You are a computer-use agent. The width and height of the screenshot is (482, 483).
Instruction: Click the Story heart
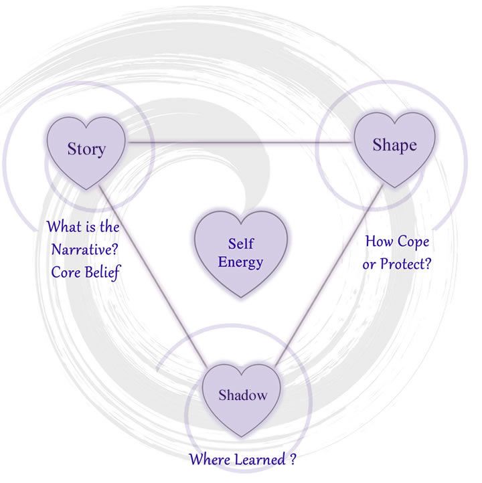coord(86,149)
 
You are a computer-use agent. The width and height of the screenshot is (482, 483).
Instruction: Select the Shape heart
coord(394,146)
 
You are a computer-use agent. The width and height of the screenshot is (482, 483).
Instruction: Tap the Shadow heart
coord(242,396)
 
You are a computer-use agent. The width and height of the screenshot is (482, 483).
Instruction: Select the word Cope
coord(414,241)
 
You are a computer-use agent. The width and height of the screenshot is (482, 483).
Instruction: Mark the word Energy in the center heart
coord(241,262)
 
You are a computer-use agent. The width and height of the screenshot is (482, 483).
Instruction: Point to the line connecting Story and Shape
coord(241,140)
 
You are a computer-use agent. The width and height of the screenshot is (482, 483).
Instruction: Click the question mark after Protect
coord(427,264)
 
